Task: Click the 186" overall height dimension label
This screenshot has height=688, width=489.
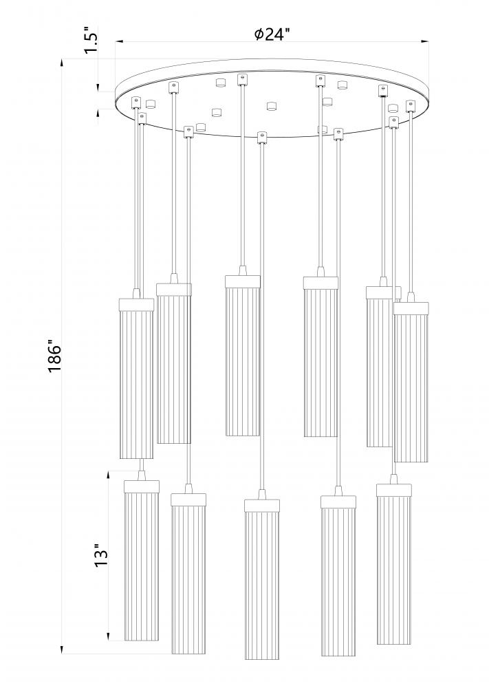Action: coord(55,356)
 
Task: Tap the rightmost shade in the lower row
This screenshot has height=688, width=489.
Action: coord(395,564)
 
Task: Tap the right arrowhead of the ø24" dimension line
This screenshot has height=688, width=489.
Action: coord(428,43)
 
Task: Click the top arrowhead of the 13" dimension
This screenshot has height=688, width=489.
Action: coord(108,474)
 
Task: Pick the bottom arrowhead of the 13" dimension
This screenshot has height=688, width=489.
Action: coord(108,638)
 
